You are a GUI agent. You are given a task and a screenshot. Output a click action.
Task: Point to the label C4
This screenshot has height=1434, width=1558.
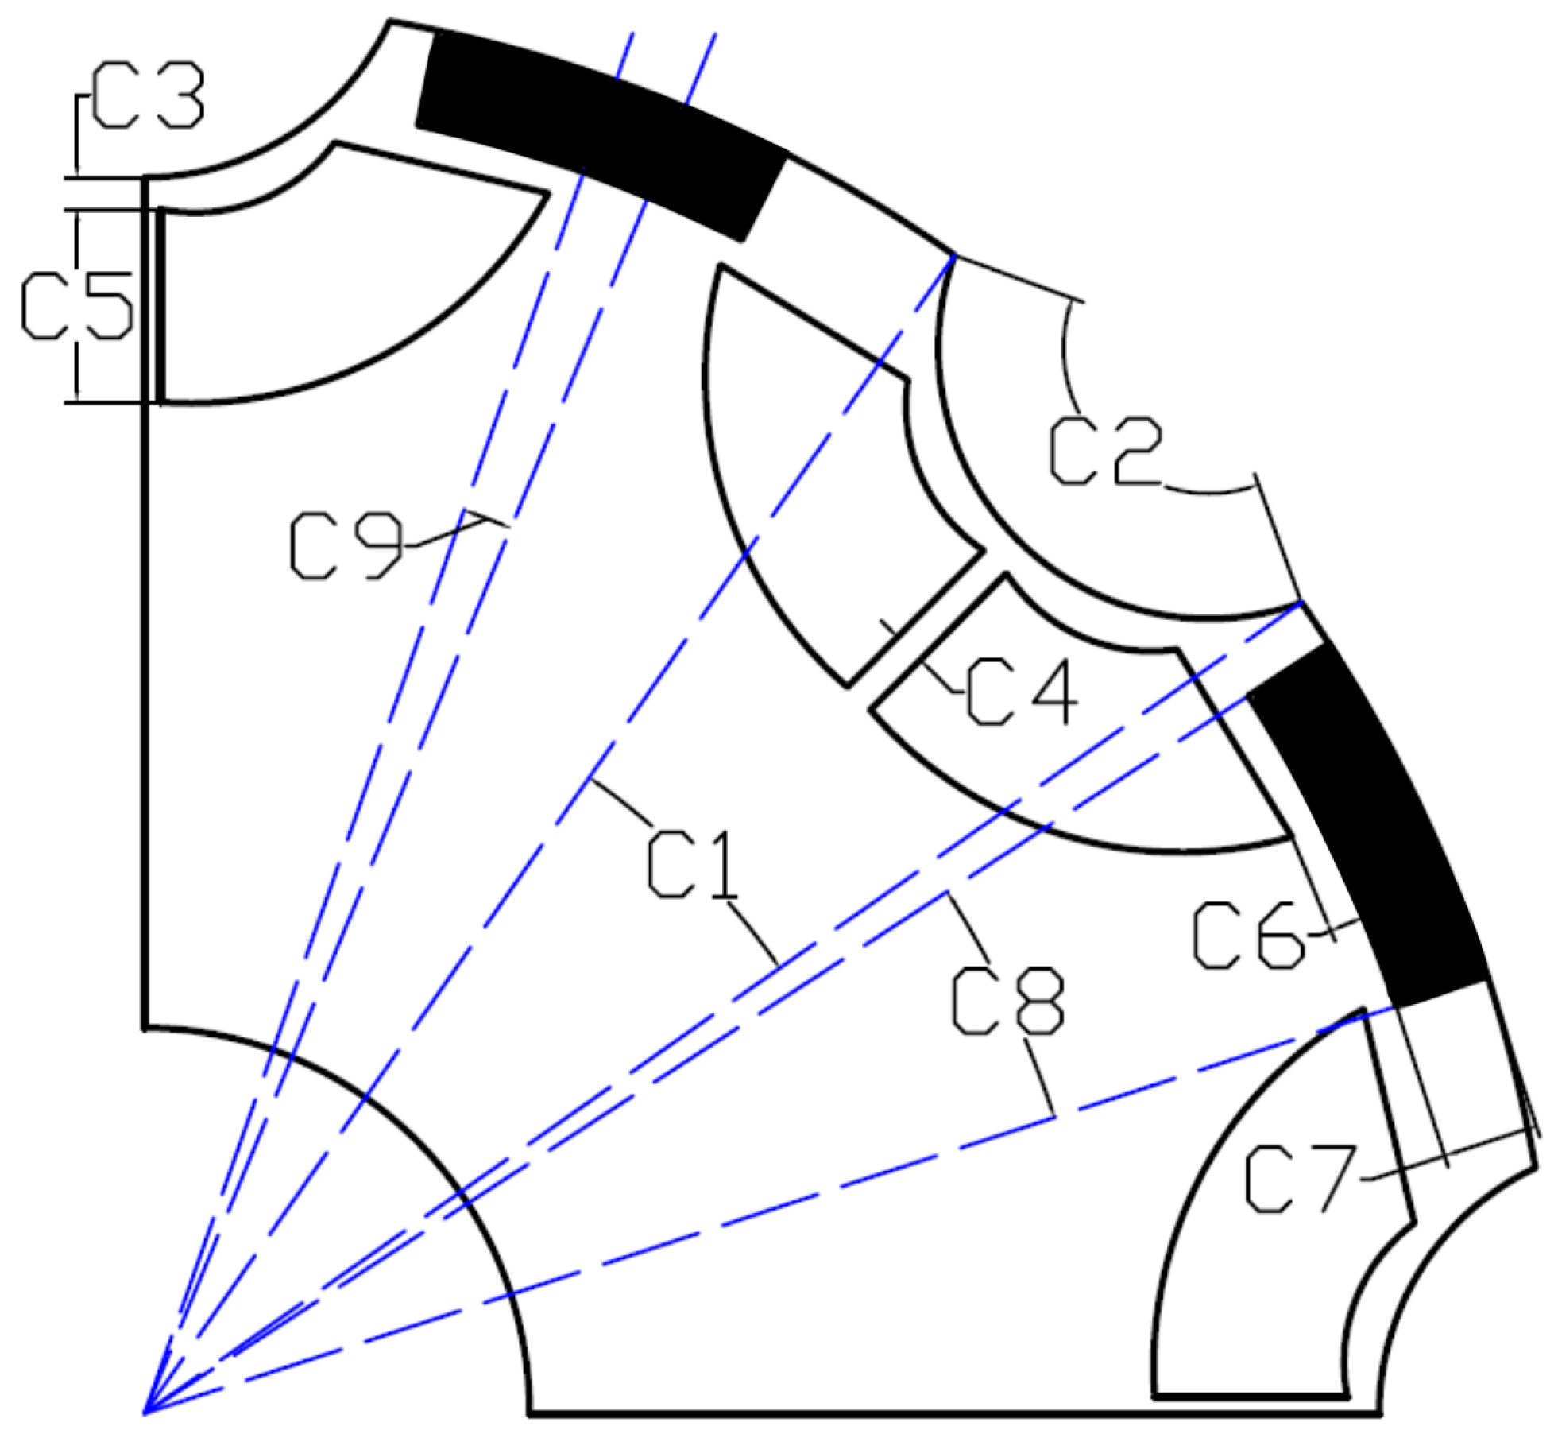click(x=1022, y=695)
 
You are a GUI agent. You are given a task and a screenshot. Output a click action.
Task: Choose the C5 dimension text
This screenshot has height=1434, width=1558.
click(x=75, y=306)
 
